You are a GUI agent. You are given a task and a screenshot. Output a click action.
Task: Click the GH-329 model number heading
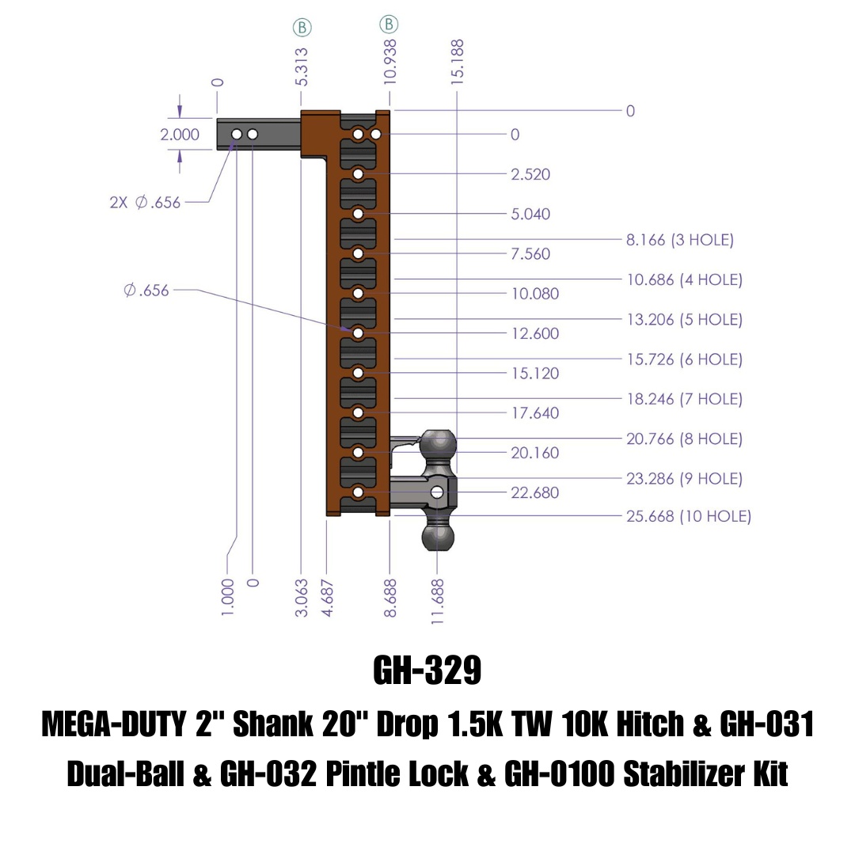point(427,670)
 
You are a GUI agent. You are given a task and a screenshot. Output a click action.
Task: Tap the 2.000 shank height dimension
point(180,134)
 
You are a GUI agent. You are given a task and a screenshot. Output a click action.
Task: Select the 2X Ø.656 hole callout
point(145,203)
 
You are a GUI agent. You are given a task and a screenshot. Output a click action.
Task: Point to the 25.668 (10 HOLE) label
point(688,516)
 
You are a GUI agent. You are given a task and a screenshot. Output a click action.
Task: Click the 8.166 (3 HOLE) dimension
point(679,239)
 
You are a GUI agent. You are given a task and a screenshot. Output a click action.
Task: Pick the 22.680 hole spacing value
point(534,492)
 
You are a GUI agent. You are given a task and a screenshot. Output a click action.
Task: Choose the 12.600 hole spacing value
point(534,333)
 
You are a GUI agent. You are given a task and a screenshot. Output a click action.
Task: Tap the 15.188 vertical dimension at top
point(458,62)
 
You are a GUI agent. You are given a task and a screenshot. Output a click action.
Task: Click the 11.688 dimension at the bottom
point(437,602)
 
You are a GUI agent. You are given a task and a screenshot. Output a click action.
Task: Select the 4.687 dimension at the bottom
point(327,598)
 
